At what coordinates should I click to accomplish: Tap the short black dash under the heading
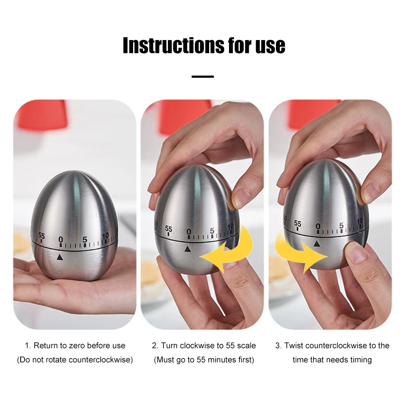[x=203, y=76]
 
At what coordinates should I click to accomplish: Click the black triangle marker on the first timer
[x=60, y=257]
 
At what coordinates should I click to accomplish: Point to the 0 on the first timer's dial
[x=61, y=240]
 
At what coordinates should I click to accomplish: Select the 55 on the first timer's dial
[x=41, y=235]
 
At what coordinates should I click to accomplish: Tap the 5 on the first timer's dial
[x=85, y=240]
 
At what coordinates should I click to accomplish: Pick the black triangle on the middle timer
[x=187, y=249]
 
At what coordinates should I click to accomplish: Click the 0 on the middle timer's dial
[x=188, y=232]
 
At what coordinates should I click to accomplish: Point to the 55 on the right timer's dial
[x=297, y=224]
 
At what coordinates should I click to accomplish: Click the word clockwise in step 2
[x=196, y=346]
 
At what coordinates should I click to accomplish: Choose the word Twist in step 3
[x=294, y=346]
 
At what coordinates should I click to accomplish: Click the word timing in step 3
[x=360, y=360]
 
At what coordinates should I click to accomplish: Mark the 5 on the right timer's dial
[x=341, y=225]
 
